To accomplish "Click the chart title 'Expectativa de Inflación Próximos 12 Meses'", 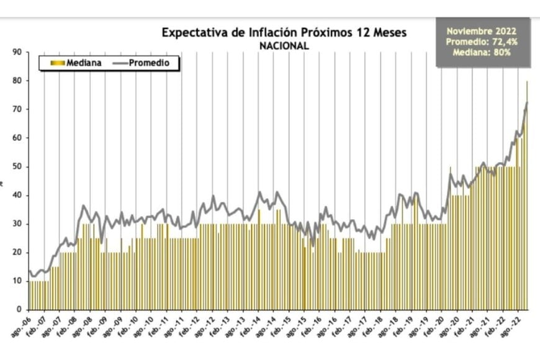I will pos(284,32).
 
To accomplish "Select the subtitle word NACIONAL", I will pos(284,45).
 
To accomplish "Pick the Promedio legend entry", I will pos(148,63).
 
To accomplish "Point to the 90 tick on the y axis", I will pos(18,52).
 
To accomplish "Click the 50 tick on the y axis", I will pos(18,166).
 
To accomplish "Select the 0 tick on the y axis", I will pos(20,310).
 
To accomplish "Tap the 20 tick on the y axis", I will pos(18,253).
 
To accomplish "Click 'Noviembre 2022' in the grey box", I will pos(481,30).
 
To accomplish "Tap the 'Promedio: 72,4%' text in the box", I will pos(481,41).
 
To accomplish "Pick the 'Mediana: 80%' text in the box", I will pos(481,52).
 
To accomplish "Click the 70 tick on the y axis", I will pos(18,109).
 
